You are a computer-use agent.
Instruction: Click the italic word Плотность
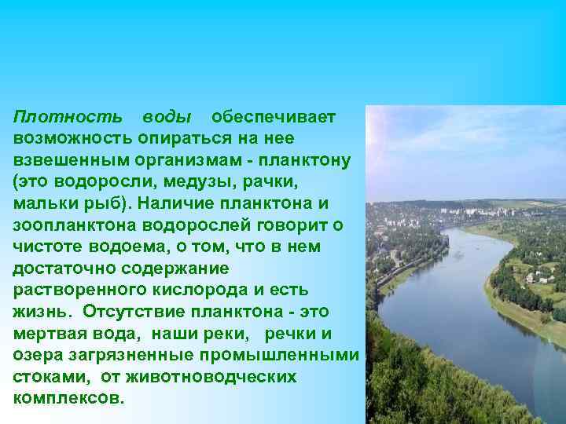[68, 117]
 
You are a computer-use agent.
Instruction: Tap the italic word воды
[167, 117]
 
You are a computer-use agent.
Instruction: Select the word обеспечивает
[274, 117]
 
